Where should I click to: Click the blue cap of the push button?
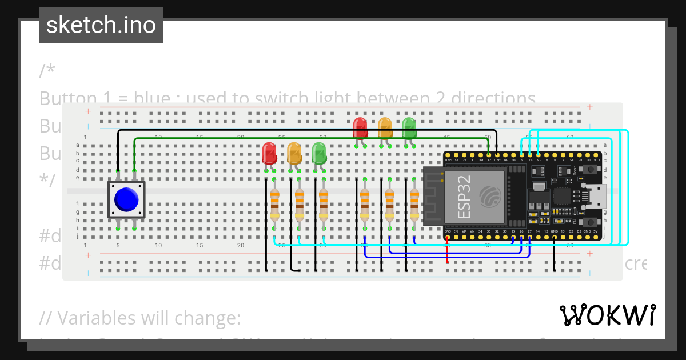coord(126,199)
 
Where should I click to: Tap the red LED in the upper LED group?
coord(360,127)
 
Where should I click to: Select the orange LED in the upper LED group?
coord(385,127)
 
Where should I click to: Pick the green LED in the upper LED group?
coord(409,127)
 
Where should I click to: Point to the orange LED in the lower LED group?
coord(294,153)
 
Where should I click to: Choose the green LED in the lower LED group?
coord(319,153)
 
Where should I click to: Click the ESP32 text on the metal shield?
coord(464,197)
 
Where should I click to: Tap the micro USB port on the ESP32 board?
coord(597,196)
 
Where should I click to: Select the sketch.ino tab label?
coord(101,25)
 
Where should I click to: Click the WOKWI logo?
coord(607,315)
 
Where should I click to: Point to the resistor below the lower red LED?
coord(274,205)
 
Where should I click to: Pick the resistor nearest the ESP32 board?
coord(414,205)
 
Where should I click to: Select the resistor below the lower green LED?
coord(324,205)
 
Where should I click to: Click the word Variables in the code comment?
coord(95,318)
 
